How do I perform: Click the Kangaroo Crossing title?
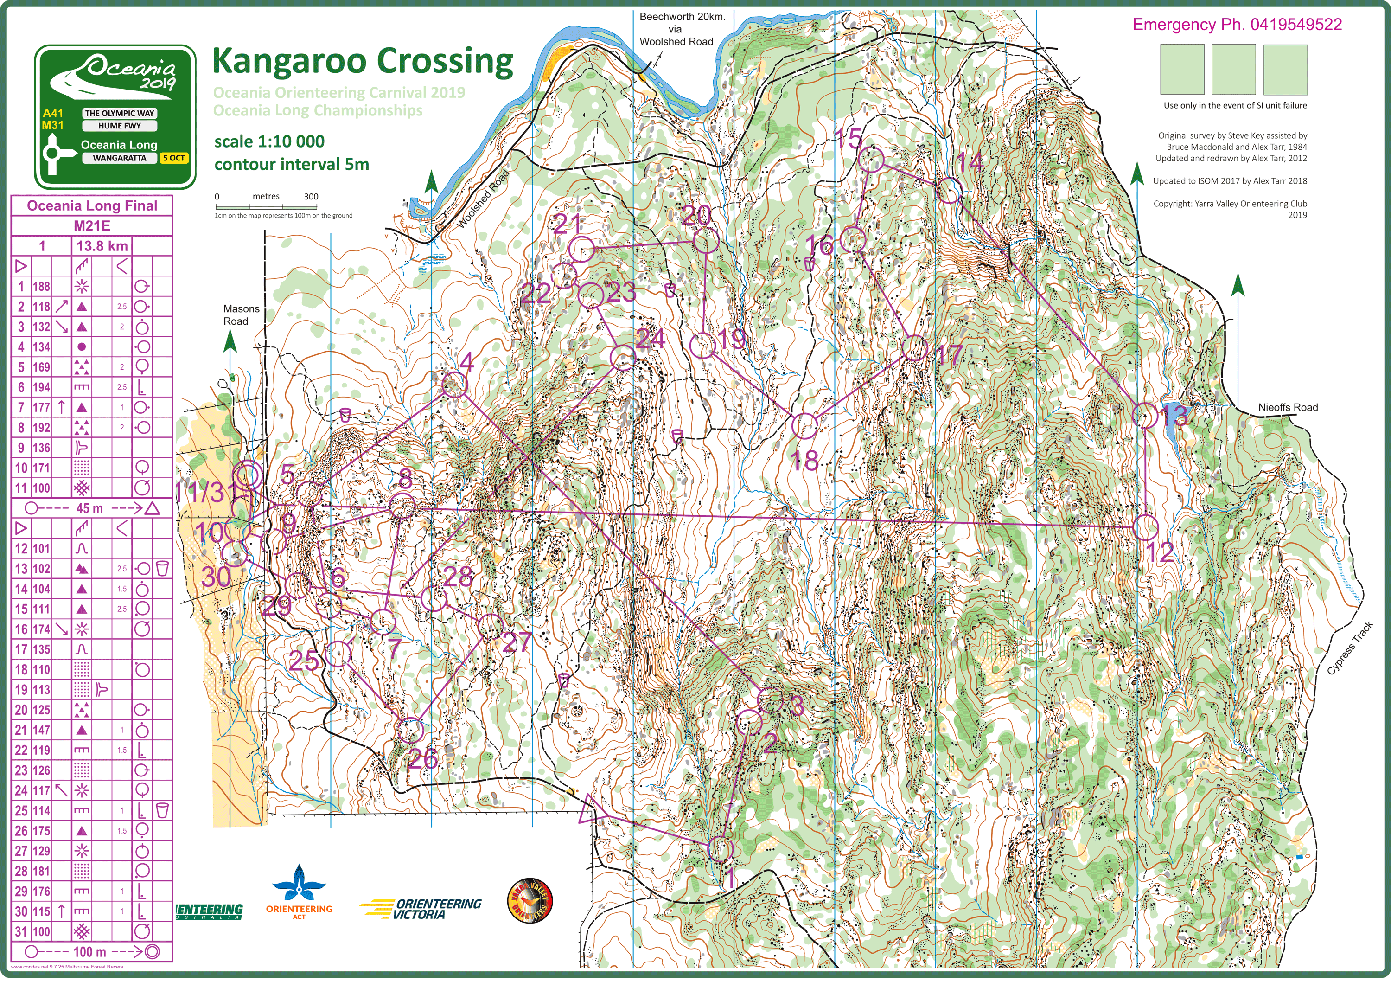[362, 61]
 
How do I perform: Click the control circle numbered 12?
[1145, 527]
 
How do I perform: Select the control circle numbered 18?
[805, 426]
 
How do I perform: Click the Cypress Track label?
[1349, 648]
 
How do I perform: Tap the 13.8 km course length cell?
[102, 246]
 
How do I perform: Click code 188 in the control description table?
[41, 287]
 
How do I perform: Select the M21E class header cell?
[92, 226]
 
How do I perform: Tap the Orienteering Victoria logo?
[421, 909]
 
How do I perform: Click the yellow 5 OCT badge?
[174, 158]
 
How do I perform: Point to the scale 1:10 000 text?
[269, 142]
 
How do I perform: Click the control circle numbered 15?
[871, 160]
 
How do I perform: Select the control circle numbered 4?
[453, 385]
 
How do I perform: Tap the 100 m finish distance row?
[91, 951]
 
